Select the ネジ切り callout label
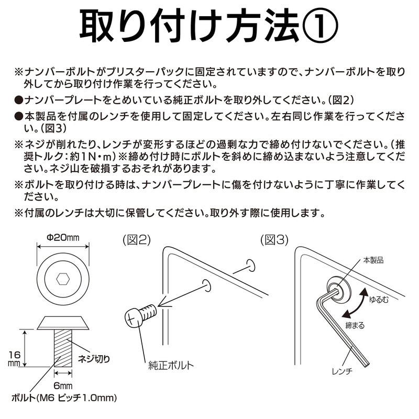[x=94, y=359]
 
